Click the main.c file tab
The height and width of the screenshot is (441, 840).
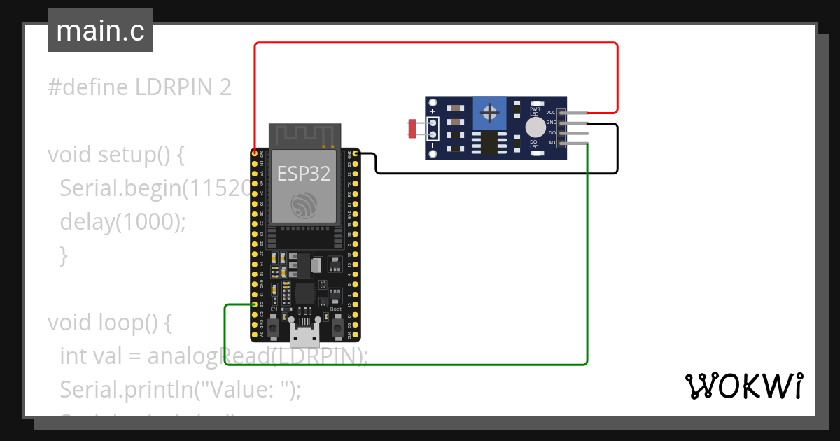tap(100, 31)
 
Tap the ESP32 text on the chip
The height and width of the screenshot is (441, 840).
tap(304, 173)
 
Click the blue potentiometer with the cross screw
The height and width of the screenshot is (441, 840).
tap(491, 112)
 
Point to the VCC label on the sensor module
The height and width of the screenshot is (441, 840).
tap(551, 112)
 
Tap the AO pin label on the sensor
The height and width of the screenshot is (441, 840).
tap(552, 143)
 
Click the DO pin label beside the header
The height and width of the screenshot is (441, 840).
tap(552, 133)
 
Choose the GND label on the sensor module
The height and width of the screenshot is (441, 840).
tap(551, 122)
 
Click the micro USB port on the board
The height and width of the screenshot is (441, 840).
tap(304, 337)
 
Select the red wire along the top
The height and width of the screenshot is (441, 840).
tap(434, 43)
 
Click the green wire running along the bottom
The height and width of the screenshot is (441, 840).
tap(406, 364)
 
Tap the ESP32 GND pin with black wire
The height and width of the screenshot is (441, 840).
tap(356, 153)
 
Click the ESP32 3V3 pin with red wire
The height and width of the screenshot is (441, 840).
tap(253, 152)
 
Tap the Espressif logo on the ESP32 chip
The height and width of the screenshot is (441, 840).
tap(304, 204)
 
